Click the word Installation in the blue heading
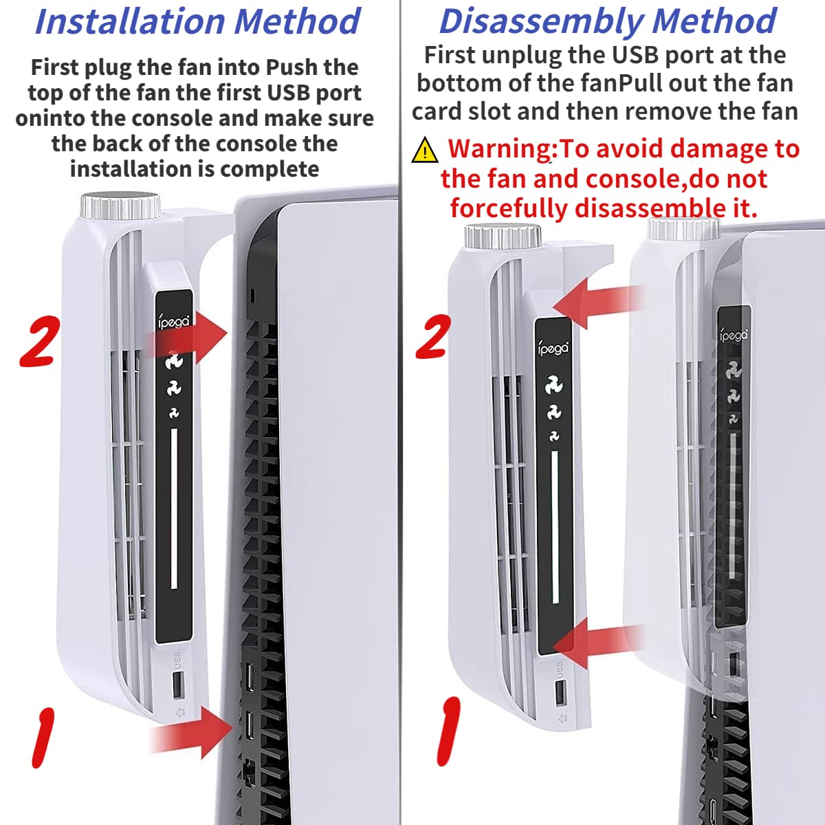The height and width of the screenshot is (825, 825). tap(130, 21)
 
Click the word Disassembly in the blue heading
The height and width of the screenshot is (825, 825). tap(541, 21)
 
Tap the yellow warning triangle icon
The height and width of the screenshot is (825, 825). tap(424, 149)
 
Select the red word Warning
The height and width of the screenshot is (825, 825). tap(501, 149)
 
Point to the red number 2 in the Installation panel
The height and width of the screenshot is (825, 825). tap(39, 341)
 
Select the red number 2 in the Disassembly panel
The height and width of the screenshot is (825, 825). tap(433, 336)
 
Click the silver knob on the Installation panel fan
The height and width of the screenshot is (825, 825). tap(120, 206)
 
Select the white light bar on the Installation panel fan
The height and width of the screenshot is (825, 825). tap(174, 508)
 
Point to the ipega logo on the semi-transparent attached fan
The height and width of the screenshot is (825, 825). tap(734, 335)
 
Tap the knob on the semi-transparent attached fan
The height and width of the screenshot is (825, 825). tap(683, 229)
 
